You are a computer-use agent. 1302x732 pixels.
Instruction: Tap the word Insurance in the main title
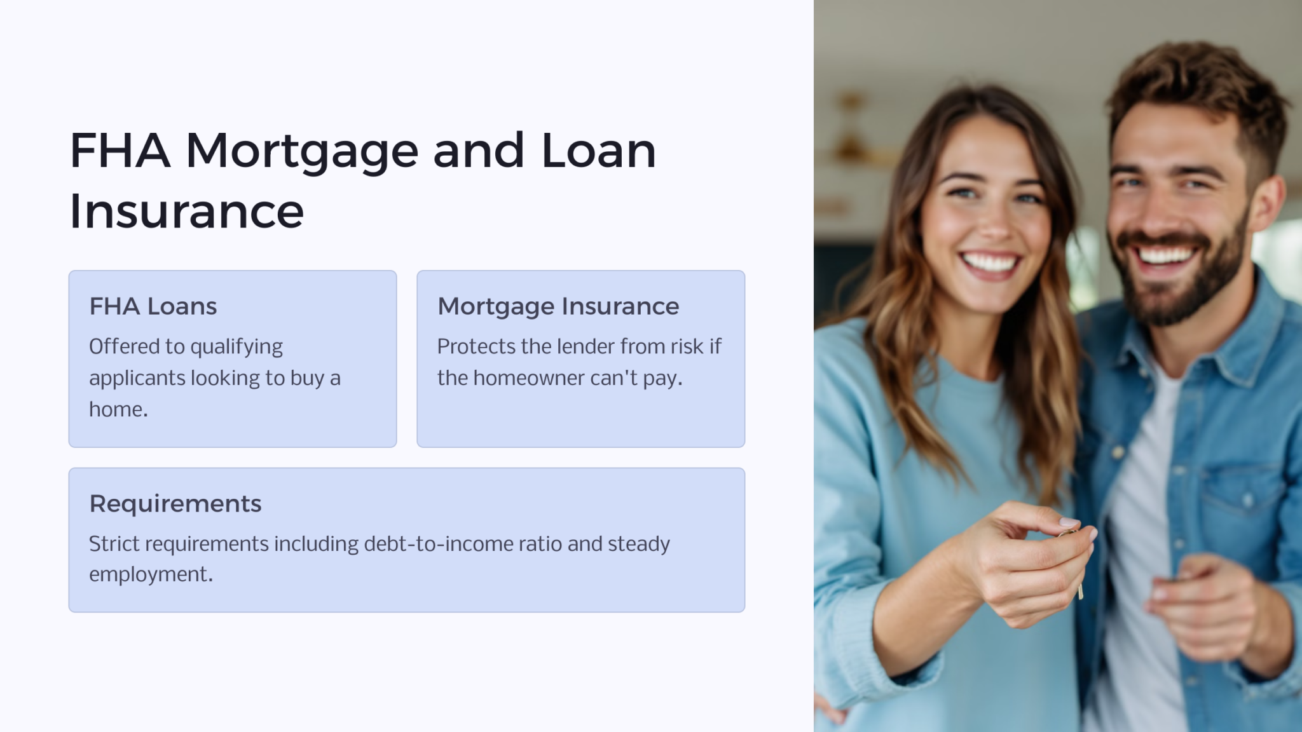[x=186, y=211]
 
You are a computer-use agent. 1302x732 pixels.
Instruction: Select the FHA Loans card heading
[x=153, y=306]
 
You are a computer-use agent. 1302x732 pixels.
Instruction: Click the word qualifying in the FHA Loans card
[x=236, y=348]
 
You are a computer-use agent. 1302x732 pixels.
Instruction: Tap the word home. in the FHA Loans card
[x=119, y=409]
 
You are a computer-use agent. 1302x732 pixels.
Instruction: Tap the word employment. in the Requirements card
[x=151, y=575]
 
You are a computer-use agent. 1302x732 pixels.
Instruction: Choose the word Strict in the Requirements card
[x=115, y=544]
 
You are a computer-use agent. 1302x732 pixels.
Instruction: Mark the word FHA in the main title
[x=120, y=151]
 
